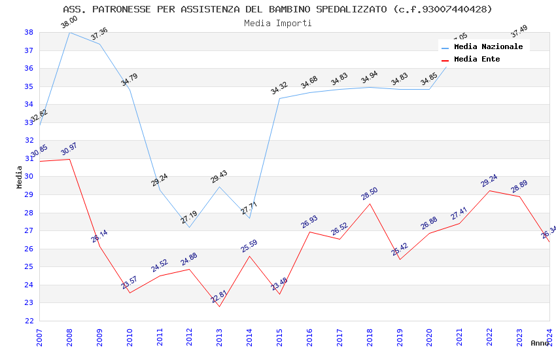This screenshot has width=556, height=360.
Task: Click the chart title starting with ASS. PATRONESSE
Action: tap(277, 9)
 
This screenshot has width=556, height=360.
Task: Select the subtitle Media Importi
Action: tap(277, 23)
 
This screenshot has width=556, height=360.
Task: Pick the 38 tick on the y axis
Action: tap(29, 32)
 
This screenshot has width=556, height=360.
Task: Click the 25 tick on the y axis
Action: tap(29, 267)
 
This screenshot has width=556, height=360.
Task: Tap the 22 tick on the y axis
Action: tap(29, 321)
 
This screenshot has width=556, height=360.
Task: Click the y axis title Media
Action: tap(20, 177)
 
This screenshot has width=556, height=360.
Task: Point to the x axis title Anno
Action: tap(540, 343)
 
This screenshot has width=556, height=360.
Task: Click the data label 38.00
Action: tap(69, 23)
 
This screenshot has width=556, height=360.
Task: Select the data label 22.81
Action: tap(219, 297)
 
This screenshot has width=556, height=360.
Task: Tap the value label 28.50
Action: tap(370, 194)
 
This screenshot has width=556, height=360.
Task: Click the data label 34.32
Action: tap(279, 88)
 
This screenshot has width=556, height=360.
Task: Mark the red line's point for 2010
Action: tap(130, 293)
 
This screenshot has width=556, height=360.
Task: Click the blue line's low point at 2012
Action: tap(189, 227)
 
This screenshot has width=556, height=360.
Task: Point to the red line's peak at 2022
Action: tap(490, 190)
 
